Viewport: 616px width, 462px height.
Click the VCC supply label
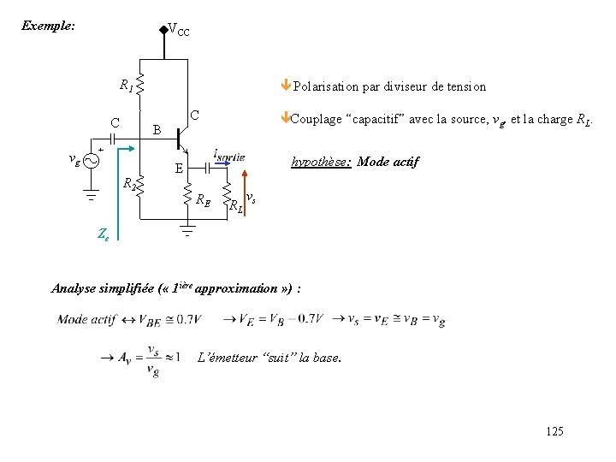pyautogui.click(x=179, y=30)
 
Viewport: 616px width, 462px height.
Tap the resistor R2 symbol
pyautogui.click(x=139, y=182)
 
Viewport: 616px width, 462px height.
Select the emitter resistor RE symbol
pyautogui.click(x=188, y=193)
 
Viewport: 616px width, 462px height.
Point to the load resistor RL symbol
pyautogui.click(x=228, y=194)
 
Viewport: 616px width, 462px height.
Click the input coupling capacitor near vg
pyautogui.click(x=111, y=139)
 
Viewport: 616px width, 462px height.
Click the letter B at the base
pyautogui.click(x=156, y=131)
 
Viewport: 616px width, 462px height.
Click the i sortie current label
pyautogui.click(x=229, y=157)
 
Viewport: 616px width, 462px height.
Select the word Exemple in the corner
pyautogui.click(x=48, y=26)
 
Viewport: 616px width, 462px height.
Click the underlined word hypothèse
pyautogui.click(x=321, y=161)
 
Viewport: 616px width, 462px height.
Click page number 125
pyautogui.click(x=554, y=431)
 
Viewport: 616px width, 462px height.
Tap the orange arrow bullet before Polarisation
pyautogui.click(x=287, y=85)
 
